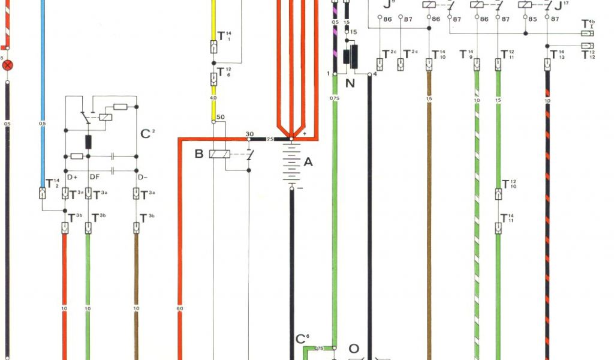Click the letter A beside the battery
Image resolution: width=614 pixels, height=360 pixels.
308,161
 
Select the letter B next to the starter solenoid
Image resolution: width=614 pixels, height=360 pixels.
199,154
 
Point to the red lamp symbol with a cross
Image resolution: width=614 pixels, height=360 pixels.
8,64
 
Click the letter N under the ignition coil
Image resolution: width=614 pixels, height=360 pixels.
350,83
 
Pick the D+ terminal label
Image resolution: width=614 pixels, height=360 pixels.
73,177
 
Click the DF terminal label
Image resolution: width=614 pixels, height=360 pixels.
94,177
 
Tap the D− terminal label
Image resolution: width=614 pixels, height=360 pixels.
143,177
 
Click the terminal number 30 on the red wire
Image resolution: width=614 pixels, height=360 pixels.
249,134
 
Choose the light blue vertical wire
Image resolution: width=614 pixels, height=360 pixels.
43,90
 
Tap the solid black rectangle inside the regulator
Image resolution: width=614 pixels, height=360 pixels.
88,142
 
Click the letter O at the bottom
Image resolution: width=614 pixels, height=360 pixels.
354,349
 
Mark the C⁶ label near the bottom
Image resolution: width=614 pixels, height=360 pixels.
302,339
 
